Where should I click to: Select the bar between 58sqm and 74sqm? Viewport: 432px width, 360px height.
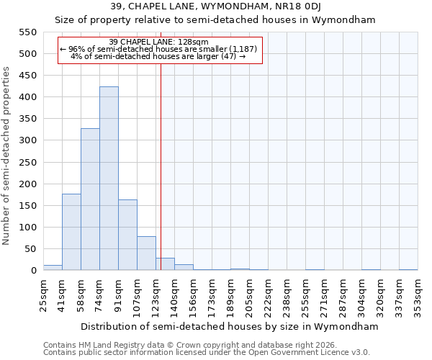(90, 199)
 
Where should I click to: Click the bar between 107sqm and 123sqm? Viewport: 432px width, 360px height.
(146, 253)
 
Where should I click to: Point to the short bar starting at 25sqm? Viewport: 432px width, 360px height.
(53, 268)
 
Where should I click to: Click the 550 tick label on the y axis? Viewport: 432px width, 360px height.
(27, 32)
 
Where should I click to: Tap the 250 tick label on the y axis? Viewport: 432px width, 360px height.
(27, 162)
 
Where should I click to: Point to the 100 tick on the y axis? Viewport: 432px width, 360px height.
(27, 228)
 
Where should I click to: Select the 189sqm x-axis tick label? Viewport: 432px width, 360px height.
(230, 296)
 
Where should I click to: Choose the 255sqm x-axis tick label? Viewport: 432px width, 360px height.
(305, 296)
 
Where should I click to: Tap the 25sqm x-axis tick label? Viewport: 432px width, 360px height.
(43, 296)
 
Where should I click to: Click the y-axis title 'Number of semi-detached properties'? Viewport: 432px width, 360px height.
(7, 156)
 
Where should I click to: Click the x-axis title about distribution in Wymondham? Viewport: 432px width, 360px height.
(230, 326)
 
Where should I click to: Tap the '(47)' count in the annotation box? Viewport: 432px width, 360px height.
(229, 56)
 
